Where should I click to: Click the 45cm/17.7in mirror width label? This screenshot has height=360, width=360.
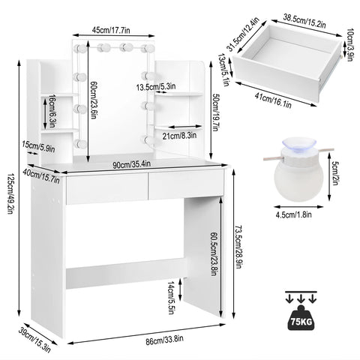(112, 30)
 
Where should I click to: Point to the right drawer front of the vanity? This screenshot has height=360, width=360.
(186, 188)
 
